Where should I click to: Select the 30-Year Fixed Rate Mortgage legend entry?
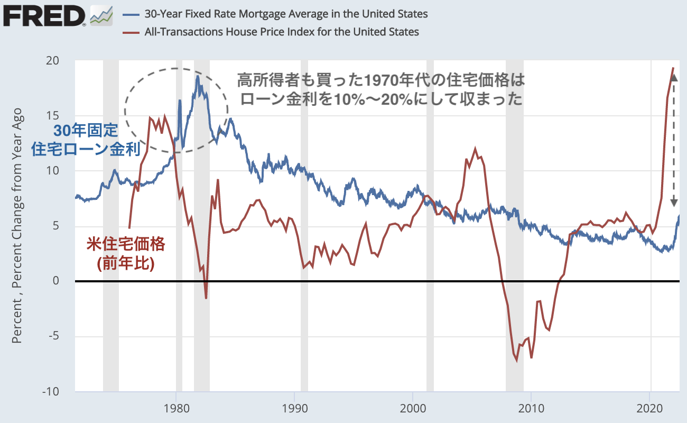[286, 14]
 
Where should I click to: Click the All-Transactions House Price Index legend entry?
[282, 32]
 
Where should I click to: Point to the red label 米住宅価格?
[126, 244]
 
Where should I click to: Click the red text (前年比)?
[126, 263]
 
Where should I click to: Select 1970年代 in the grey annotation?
[397, 80]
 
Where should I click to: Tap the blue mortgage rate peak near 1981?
[198, 76]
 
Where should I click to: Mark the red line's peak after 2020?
[673, 68]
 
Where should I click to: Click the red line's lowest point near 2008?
[516, 361]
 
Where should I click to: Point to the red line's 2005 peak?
[476, 149]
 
